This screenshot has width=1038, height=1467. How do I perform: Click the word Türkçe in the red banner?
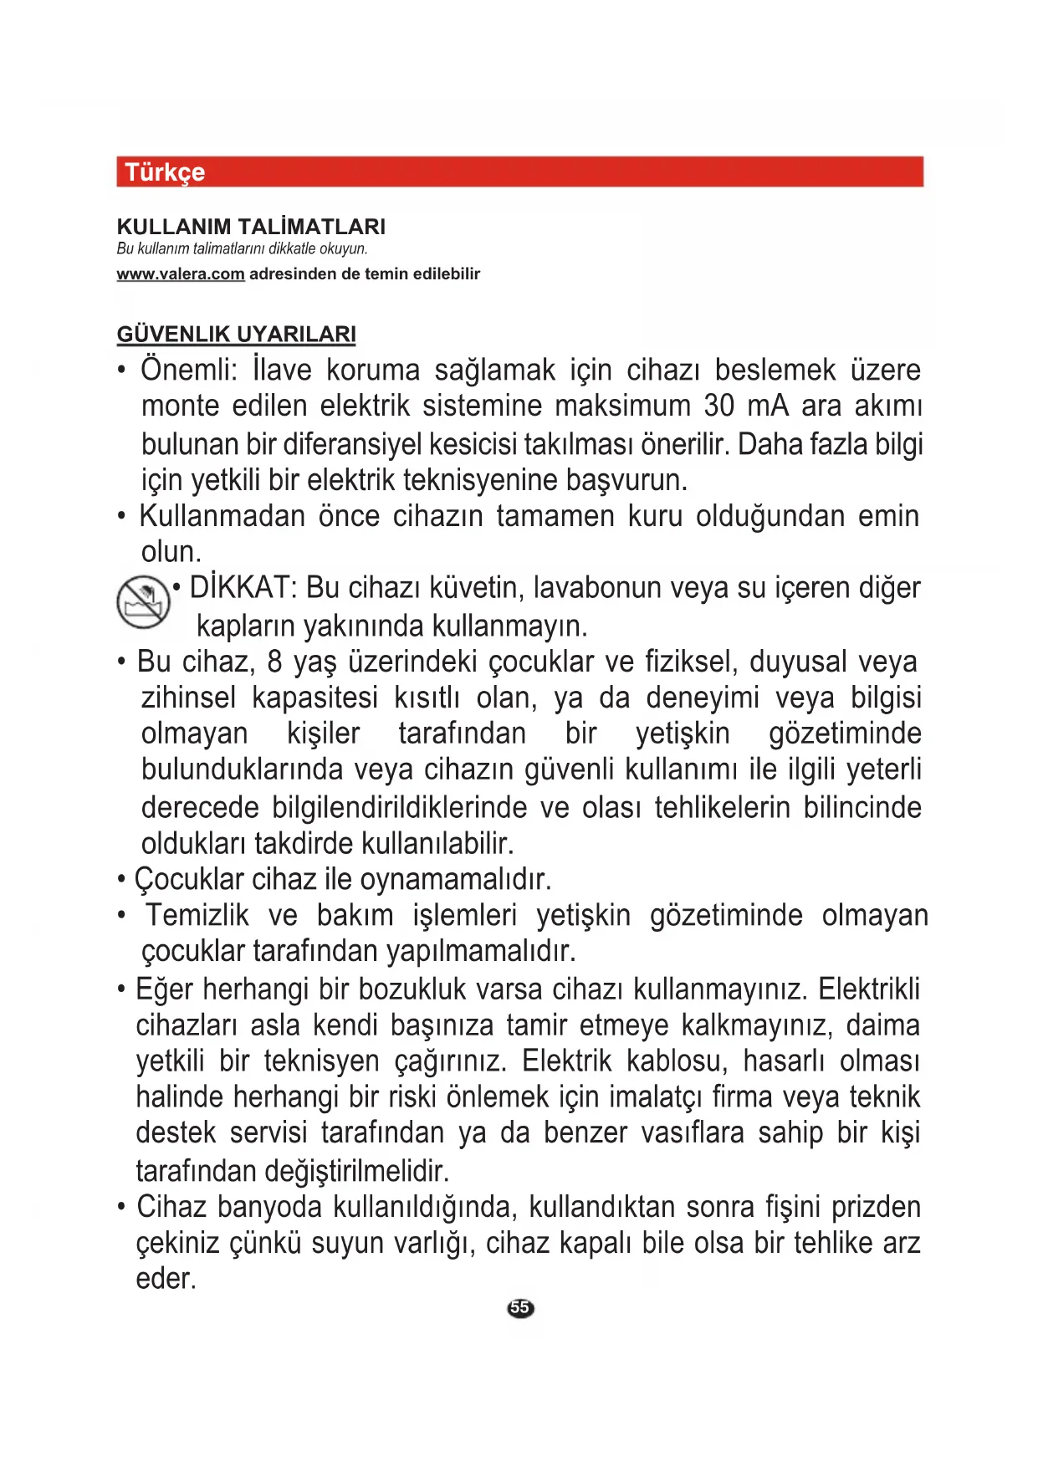(x=165, y=172)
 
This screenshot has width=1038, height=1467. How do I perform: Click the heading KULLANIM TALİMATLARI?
(x=251, y=227)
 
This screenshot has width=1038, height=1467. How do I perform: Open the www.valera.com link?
(x=181, y=274)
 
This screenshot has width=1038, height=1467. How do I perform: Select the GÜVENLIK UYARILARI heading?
(x=236, y=335)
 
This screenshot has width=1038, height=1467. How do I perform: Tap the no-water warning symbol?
(x=142, y=601)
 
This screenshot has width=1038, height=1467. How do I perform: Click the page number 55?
(x=519, y=1308)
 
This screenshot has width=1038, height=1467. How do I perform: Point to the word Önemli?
(x=189, y=370)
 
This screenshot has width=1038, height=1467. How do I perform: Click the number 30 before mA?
(x=719, y=406)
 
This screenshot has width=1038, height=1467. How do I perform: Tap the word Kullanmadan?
(x=222, y=516)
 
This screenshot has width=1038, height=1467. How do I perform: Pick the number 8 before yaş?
(x=274, y=662)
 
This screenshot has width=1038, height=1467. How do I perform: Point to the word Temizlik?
(x=197, y=916)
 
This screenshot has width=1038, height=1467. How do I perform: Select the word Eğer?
(x=165, y=989)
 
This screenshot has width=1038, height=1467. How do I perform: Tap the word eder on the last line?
(x=166, y=1279)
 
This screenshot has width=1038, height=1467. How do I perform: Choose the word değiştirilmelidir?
(x=357, y=1170)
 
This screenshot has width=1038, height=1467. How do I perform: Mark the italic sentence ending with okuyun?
(x=243, y=248)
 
